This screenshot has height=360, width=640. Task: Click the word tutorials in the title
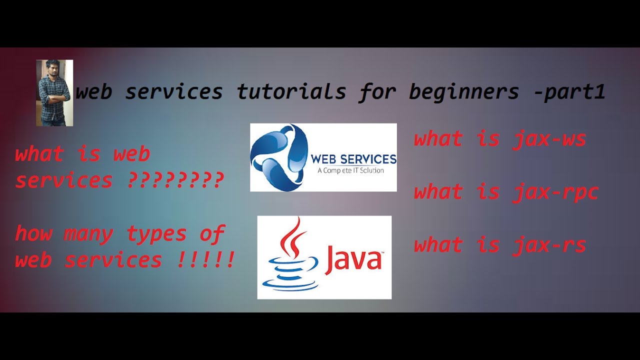291,92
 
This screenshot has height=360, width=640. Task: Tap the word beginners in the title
464,92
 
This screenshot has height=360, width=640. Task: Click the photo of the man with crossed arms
54,93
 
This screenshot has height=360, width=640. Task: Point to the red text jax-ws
549,139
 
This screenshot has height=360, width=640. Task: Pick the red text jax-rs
549,245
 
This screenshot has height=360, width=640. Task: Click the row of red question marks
174,180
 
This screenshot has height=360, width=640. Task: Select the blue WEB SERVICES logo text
353,159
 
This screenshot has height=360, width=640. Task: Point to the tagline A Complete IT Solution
350,170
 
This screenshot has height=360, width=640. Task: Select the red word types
156,234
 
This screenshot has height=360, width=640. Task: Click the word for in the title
377,92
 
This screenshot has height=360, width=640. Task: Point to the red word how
33,233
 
